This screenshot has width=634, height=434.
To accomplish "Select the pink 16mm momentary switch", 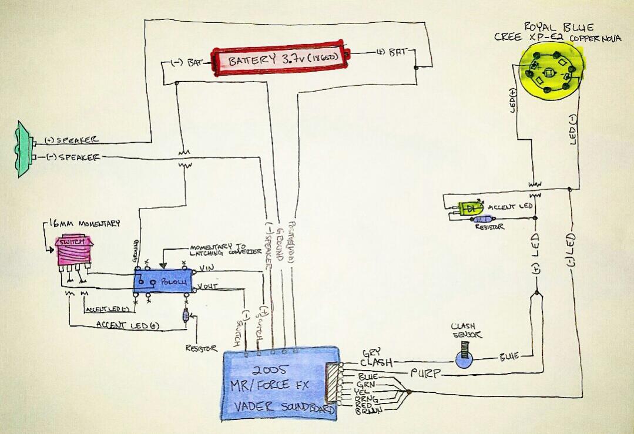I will point(73,251).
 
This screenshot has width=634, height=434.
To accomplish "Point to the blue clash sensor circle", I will point(464,359).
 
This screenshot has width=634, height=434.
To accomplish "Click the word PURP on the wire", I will point(422,372).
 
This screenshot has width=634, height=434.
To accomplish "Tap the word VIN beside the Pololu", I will point(206,268).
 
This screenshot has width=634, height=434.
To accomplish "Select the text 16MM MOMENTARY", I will point(85,224).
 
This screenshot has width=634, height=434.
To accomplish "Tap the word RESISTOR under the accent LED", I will point(489,226).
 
